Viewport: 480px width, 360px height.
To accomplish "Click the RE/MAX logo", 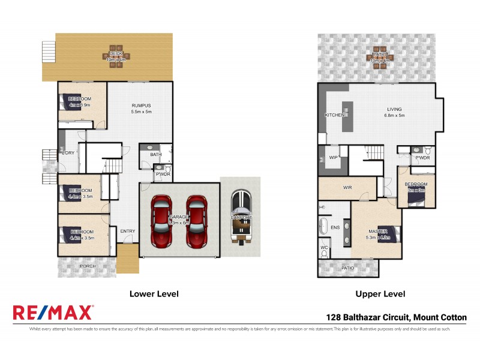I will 53,312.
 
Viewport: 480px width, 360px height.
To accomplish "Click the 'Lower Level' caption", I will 154,294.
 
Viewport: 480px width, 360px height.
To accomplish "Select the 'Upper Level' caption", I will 380,294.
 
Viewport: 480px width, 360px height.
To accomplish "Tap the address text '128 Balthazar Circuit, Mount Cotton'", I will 396,318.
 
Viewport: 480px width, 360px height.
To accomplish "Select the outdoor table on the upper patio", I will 378,57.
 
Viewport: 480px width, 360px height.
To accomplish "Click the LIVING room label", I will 395,109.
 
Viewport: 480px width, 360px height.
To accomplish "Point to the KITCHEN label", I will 334,115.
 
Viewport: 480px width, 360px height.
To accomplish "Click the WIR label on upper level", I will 347,188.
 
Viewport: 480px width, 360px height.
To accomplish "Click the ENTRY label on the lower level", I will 127,231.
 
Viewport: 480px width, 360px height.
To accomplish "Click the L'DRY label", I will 68,153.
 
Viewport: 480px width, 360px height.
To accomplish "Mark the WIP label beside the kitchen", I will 333,157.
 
